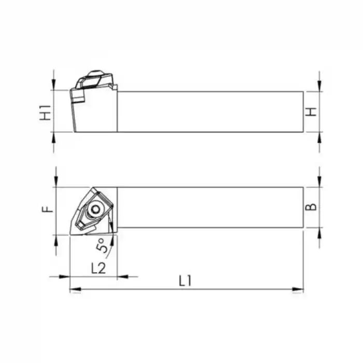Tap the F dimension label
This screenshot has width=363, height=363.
click(46, 209)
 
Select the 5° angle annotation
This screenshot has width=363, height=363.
click(102, 245)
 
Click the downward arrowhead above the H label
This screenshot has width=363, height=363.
click(320, 87)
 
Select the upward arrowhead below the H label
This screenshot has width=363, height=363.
click(320, 136)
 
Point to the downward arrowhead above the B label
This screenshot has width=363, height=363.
click(320, 183)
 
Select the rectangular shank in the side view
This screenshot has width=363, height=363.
click(210, 111)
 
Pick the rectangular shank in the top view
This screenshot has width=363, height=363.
click(210, 207)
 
